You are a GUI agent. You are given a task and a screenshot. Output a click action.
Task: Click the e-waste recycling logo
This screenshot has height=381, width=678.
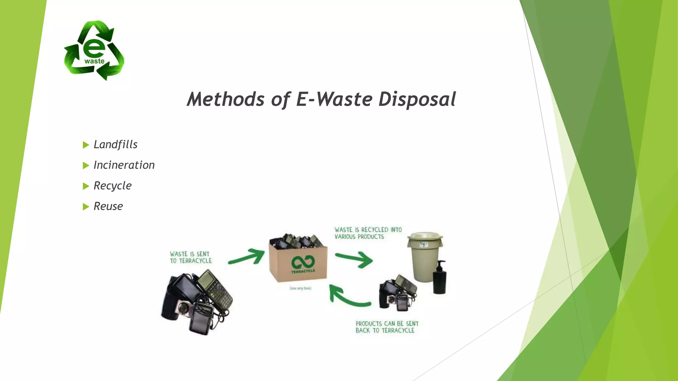tap(94, 50)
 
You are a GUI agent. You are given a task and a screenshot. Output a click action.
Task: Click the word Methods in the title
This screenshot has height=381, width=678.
tap(225, 99)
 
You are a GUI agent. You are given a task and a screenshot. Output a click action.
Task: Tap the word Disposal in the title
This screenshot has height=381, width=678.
tap(417, 99)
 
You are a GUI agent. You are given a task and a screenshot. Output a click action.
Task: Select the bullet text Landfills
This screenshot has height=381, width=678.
tap(116, 145)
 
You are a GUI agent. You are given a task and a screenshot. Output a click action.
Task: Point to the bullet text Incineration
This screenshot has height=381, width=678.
tap(124, 165)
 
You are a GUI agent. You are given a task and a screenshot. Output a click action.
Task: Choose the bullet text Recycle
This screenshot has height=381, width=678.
tap(113, 186)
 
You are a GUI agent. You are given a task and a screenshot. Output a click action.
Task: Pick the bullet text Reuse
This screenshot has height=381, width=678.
tap(108, 206)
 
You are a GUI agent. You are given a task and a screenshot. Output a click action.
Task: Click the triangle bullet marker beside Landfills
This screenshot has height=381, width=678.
tap(86, 145)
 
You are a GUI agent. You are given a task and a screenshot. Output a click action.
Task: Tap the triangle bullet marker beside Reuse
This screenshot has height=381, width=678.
tap(86, 207)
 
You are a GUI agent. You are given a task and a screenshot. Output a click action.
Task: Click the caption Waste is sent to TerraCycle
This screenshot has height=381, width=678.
tap(191, 257)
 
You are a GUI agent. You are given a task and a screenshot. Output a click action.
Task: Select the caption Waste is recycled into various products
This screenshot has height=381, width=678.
tap(368, 233)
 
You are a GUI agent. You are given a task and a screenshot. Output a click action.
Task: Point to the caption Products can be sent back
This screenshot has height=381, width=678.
tap(387, 327)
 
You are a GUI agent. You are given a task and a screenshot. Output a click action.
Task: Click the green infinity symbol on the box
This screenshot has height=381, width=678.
tap(303, 262)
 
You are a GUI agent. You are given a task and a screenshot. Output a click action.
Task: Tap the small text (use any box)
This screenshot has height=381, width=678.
tap(300, 288)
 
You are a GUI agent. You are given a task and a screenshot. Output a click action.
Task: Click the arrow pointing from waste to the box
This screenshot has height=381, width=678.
tap(247, 257)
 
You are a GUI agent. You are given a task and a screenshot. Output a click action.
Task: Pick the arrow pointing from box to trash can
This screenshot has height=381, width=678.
tap(354, 259)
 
